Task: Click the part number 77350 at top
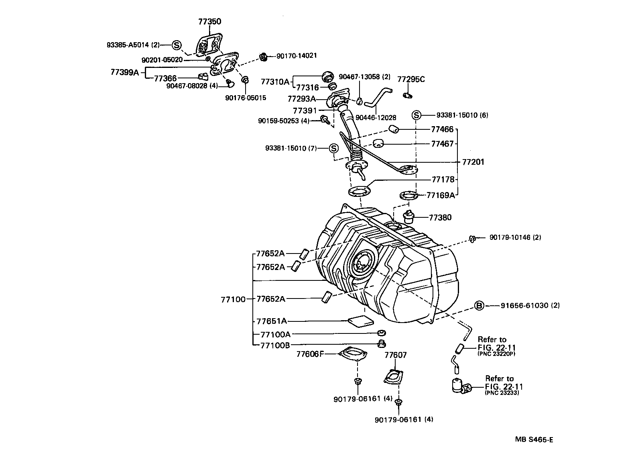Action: (209, 21)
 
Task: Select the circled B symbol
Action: (479, 306)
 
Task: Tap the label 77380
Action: (440, 217)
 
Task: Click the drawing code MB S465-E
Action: (534, 440)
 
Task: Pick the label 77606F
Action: (310, 354)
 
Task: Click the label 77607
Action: (395, 355)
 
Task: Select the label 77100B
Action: (275, 345)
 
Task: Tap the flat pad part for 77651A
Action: (360, 321)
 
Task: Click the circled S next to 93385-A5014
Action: (177, 45)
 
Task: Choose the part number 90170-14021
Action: (296, 56)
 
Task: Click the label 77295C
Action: (411, 80)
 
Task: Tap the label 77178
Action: (443, 179)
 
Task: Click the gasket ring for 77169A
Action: (409, 196)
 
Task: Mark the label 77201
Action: (473, 162)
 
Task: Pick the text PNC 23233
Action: (502, 393)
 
